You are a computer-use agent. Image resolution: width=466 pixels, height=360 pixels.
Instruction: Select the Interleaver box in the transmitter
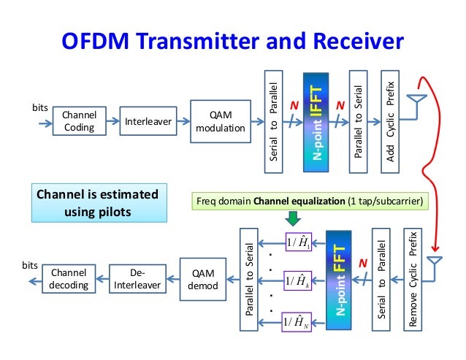(x=147, y=121)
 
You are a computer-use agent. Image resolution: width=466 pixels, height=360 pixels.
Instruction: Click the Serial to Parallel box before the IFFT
(x=274, y=121)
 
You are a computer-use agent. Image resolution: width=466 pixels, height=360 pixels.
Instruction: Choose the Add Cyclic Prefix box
(x=390, y=121)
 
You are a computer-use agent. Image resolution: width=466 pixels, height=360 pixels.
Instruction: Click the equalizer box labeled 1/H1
(x=297, y=242)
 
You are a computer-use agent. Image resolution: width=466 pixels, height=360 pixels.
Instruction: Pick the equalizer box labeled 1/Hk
(x=297, y=281)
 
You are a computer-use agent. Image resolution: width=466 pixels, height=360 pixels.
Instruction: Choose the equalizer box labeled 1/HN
(x=297, y=321)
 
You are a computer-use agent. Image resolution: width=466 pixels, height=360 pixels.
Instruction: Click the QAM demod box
(x=198, y=278)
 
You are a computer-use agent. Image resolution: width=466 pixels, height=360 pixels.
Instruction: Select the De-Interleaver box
(x=136, y=278)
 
